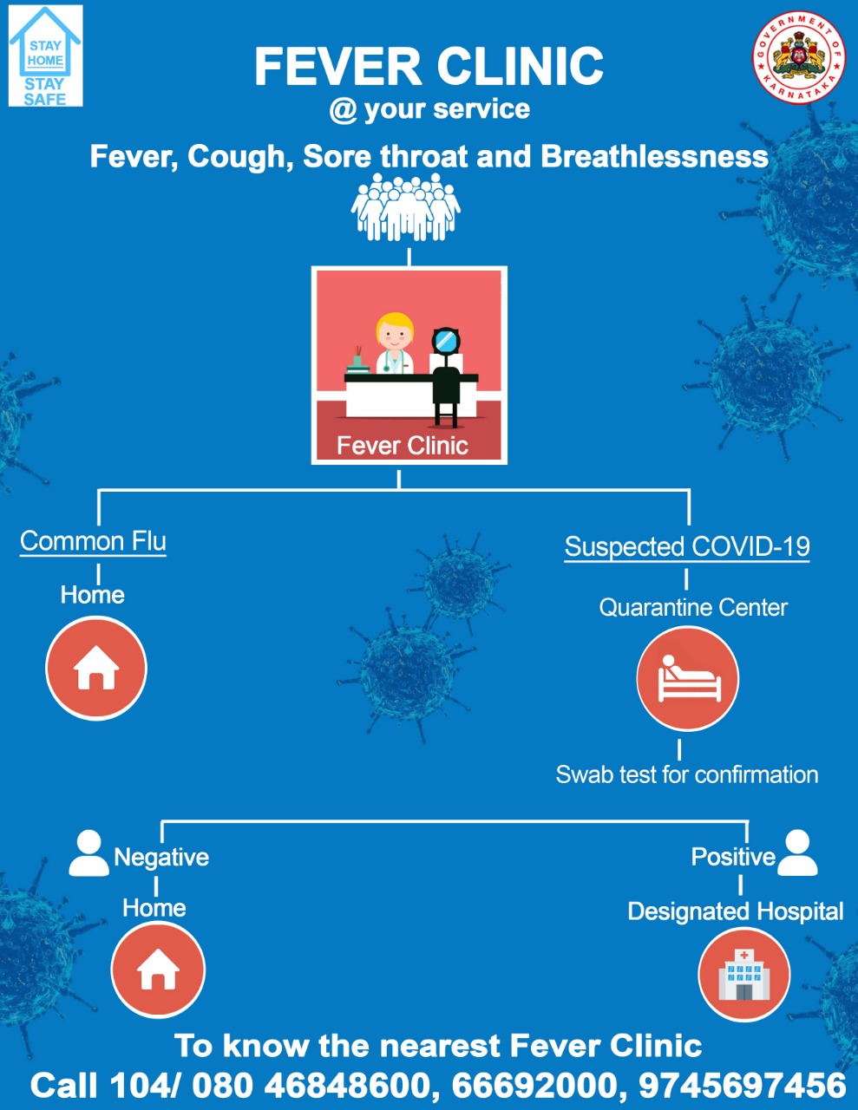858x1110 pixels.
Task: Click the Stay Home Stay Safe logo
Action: pyautogui.click(x=45, y=55)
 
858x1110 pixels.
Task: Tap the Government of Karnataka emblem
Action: pyautogui.click(x=799, y=56)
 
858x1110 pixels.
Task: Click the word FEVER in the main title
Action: pyautogui.click(x=337, y=67)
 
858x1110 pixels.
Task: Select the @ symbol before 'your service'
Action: pyautogui.click(x=343, y=110)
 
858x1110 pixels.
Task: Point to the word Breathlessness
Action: pyautogui.click(x=655, y=156)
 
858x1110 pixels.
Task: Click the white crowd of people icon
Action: pyautogui.click(x=406, y=207)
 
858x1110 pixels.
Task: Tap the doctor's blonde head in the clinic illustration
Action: pyautogui.click(x=394, y=330)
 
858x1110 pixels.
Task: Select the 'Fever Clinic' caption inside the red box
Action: pyautogui.click(x=403, y=446)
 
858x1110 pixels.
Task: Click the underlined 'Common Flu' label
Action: pyautogui.click(x=93, y=541)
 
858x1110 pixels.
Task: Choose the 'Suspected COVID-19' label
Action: pyautogui.click(x=687, y=547)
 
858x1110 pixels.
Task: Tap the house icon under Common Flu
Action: pyautogui.click(x=96, y=668)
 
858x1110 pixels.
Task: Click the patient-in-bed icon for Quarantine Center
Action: pyautogui.click(x=688, y=678)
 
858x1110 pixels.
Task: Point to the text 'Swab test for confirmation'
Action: pyautogui.click(x=687, y=775)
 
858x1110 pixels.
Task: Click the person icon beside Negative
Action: pyautogui.click(x=88, y=852)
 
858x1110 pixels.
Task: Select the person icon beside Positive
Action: pyautogui.click(x=796, y=852)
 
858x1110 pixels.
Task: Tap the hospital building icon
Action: pyautogui.click(x=744, y=974)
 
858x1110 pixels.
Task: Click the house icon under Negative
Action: pyautogui.click(x=158, y=970)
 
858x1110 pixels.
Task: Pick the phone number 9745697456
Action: pyautogui.click(x=743, y=1085)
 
